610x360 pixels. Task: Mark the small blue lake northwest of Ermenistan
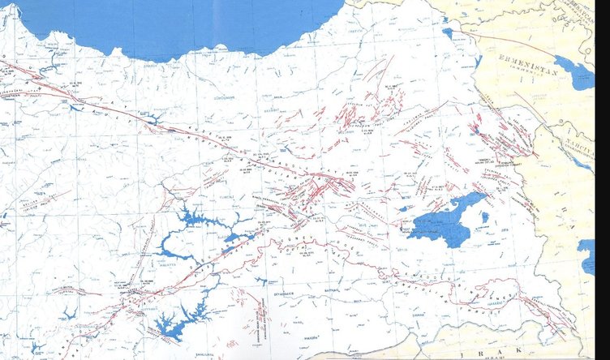448,33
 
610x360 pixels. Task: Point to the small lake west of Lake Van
403,208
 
